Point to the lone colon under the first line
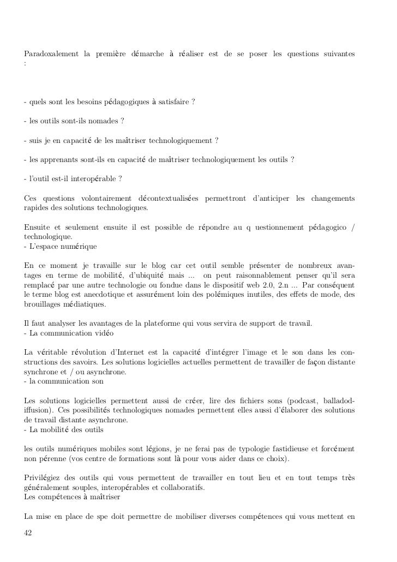[x=25, y=64]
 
